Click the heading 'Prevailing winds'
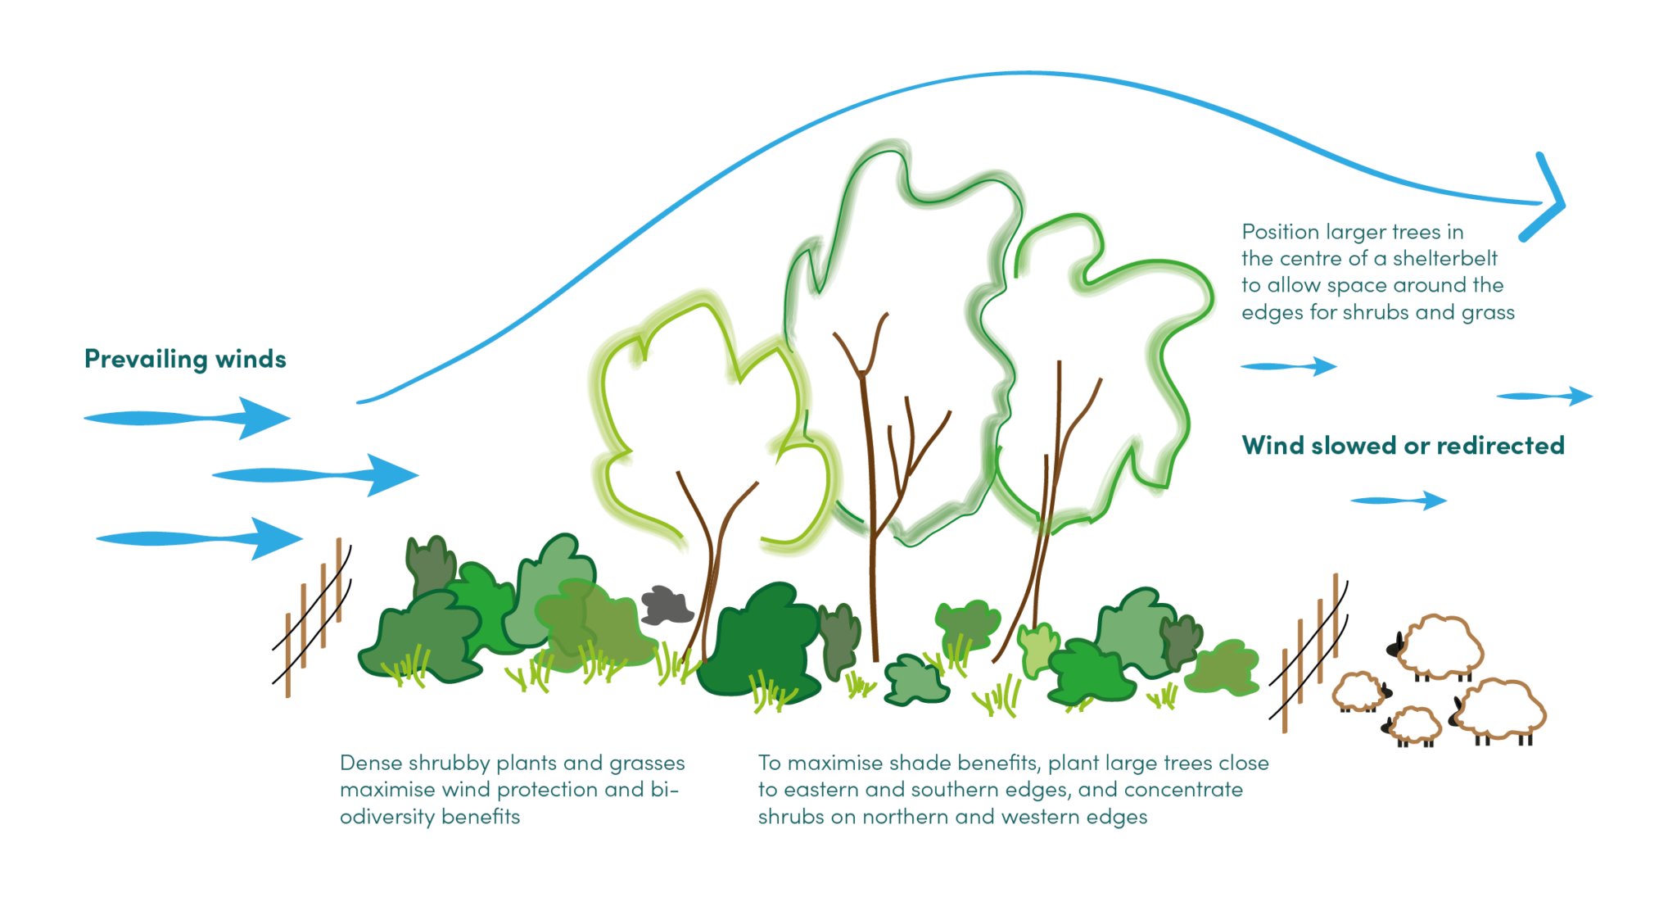185,359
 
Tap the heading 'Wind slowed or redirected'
1403,446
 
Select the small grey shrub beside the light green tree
667,605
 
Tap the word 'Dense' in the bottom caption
371,764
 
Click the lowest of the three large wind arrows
201,538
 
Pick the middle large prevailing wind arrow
316,475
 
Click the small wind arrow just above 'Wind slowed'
1289,366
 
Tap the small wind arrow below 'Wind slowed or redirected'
1399,500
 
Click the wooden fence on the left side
315,614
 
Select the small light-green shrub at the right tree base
1037,647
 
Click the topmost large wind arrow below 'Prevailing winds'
188,418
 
